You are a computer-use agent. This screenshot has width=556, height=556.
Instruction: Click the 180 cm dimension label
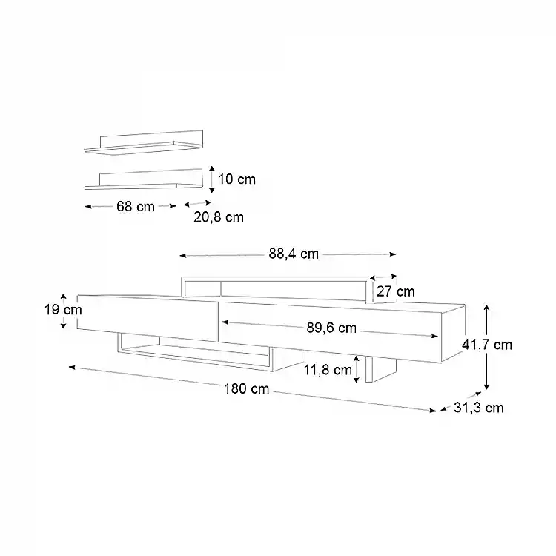(246, 389)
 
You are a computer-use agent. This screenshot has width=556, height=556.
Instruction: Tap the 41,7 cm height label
(487, 345)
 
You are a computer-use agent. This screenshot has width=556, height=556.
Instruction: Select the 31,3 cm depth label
(479, 408)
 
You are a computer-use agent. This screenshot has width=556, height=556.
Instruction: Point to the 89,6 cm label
(331, 328)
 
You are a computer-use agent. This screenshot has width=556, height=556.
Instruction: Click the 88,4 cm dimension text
(294, 254)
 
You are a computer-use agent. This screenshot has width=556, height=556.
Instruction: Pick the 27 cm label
(396, 291)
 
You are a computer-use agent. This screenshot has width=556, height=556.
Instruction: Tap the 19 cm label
(63, 310)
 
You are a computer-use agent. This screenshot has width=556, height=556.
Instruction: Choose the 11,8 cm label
(328, 370)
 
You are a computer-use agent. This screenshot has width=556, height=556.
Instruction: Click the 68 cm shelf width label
(136, 206)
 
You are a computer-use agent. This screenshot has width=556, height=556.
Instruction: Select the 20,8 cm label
(219, 217)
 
